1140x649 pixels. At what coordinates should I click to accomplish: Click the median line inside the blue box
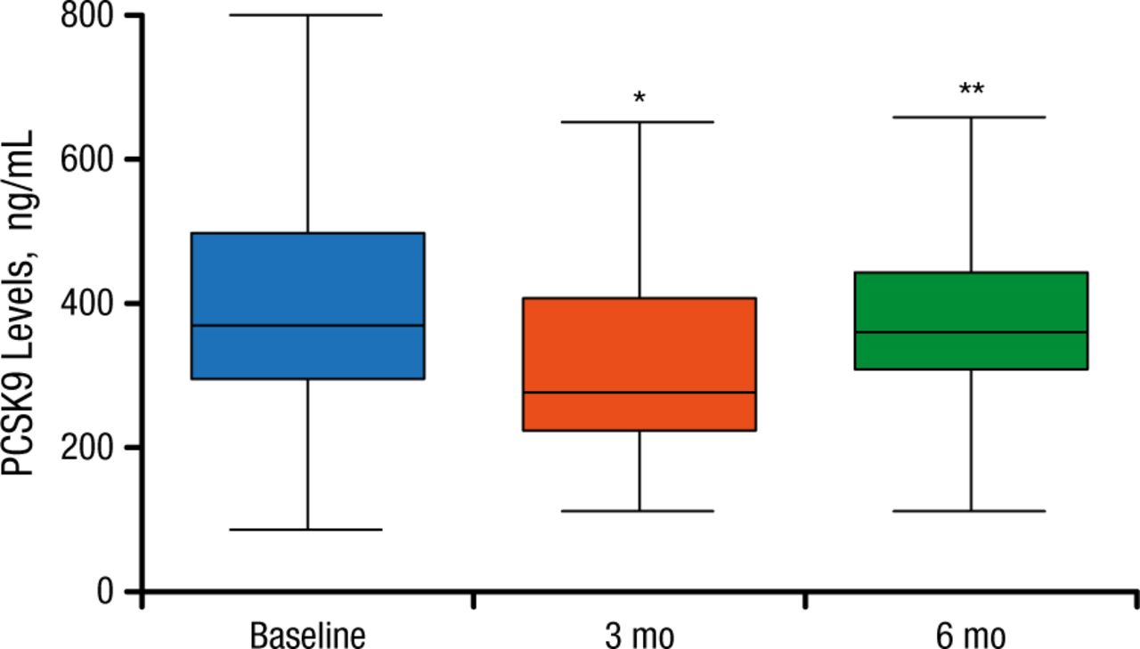click(308, 326)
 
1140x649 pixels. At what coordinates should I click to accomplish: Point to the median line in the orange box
click(639, 393)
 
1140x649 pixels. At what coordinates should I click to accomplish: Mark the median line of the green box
click(971, 332)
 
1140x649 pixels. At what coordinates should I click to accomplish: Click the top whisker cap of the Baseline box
click(308, 15)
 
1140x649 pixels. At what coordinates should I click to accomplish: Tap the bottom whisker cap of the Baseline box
click(308, 530)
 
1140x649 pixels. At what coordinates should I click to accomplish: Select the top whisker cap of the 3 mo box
click(639, 122)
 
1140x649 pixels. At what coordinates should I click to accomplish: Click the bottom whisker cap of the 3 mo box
click(639, 511)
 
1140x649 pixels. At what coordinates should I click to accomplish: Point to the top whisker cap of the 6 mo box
click(971, 117)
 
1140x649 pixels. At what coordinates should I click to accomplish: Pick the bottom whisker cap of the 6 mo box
click(971, 511)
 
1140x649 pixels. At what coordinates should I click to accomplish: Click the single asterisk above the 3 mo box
click(639, 97)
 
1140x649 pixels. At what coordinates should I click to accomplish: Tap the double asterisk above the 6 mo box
click(971, 90)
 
